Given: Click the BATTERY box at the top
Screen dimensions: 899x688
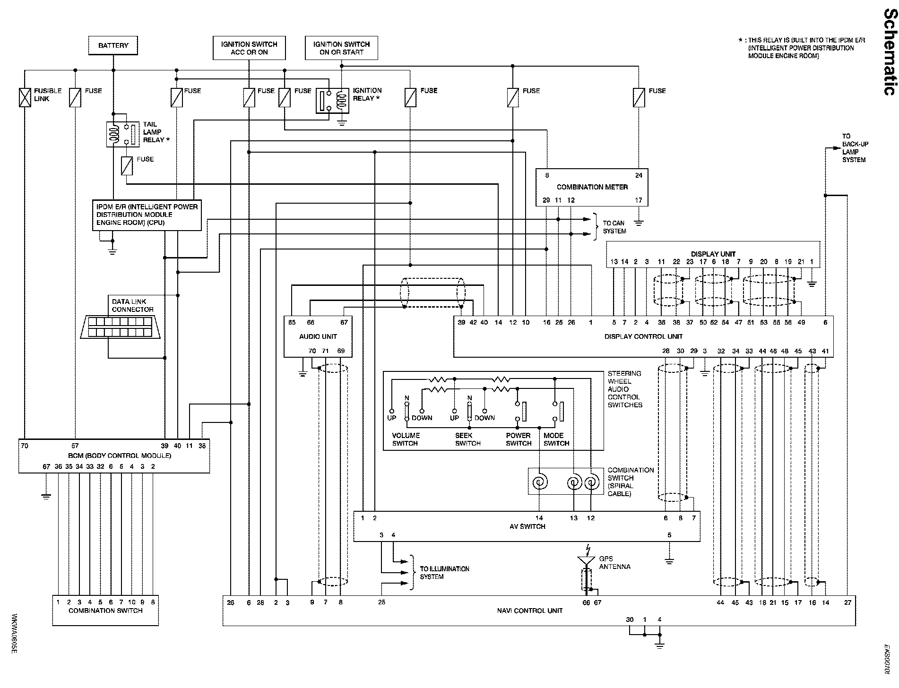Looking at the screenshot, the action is tap(113, 45).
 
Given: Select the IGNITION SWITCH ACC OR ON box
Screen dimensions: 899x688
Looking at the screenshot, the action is tap(249, 48).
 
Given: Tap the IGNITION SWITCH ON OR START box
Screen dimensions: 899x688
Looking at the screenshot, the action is tap(341, 48).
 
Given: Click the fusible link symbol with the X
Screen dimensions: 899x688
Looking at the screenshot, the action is tap(25, 97).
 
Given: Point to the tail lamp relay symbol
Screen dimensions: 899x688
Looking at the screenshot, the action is tap(122, 134).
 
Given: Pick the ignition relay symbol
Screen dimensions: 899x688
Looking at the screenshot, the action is tap(332, 101).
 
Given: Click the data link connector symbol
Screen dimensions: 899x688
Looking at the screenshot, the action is tap(121, 327).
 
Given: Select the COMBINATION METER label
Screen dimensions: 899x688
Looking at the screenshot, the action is tap(592, 187).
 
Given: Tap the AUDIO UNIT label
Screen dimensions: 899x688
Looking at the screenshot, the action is tap(318, 336).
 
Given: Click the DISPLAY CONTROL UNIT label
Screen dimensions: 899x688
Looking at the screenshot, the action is tap(644, 336).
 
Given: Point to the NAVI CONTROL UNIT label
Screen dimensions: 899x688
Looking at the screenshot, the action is tap(530, 611).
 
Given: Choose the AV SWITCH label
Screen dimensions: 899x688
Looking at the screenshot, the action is tap(527, 526).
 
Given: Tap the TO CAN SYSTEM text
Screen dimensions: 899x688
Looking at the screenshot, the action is tap(614, 227).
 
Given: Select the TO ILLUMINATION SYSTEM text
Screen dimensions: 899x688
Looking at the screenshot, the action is tap(445, 573).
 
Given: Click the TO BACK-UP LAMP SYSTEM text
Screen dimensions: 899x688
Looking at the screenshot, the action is tap(855, 148).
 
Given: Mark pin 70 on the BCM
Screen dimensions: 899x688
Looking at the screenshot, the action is tap(25, 446).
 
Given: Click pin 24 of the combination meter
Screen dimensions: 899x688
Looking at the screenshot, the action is tap(639, 175).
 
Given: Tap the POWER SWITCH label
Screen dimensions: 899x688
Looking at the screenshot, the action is tap(519, 439).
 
